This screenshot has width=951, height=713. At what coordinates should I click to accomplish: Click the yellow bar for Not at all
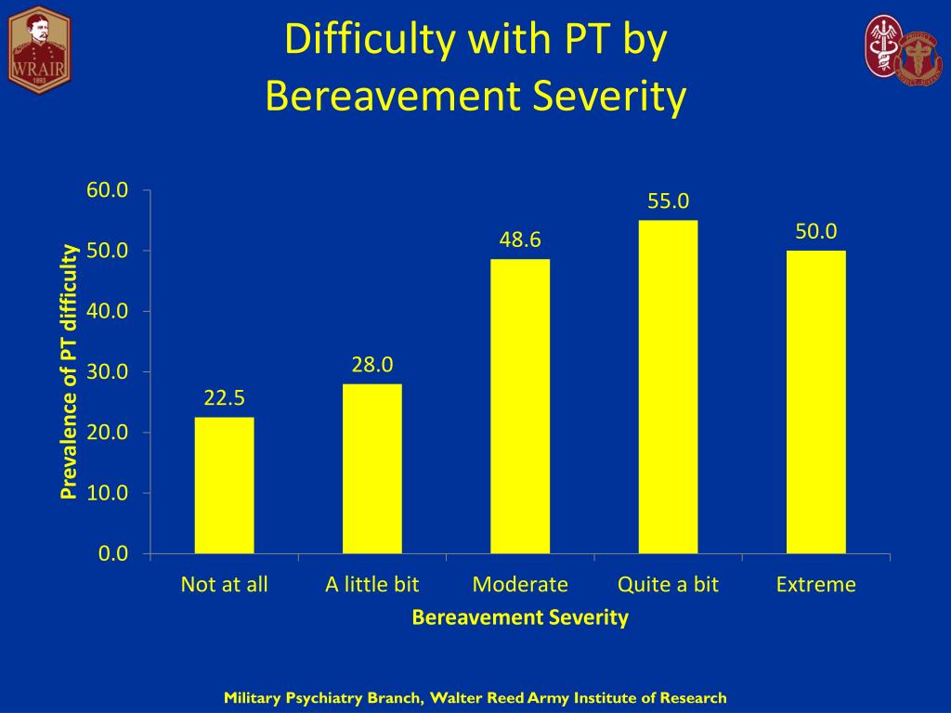[x=224, y=486]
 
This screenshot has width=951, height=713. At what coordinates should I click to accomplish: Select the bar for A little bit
[x=371, y=469]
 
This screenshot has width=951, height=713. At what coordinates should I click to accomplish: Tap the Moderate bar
[x=520, y=407]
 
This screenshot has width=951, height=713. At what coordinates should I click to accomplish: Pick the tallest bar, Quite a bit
[x=668, y=387]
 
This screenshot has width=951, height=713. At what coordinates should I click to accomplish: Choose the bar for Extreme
[x=815, y=402]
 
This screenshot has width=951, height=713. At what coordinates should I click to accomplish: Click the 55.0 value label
[x=668, y=201]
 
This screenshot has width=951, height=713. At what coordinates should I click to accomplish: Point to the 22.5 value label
[x=224, y=398]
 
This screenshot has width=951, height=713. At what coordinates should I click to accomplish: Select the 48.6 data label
[x=520, y=240]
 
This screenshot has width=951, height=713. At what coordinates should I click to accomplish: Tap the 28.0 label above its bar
[x=371, y=365]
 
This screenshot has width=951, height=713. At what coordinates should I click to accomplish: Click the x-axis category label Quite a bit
[x=668, y=585]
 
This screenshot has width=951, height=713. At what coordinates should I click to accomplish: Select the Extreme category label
[x=815, y=585]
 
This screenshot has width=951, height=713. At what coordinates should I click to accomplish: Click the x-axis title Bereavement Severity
[x=520, y=617]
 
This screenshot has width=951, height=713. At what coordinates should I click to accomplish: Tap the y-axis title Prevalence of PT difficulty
[x=70, y=371]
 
